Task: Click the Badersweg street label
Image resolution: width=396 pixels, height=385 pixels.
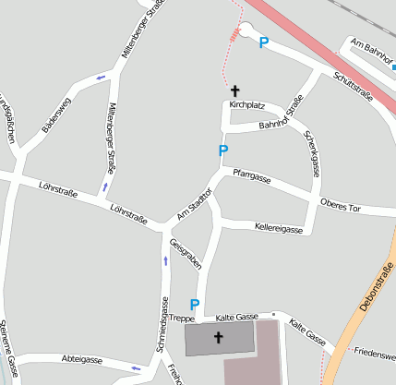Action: (56, 114)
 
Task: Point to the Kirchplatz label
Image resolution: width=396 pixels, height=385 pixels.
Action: (246, 105)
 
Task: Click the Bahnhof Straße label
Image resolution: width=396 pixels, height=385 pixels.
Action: (281, 118)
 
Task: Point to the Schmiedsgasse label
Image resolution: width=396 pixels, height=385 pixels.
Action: (162, 327)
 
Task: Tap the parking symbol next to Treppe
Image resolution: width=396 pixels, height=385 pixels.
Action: (195, 304)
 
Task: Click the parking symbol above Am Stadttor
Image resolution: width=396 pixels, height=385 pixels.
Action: (222, 150)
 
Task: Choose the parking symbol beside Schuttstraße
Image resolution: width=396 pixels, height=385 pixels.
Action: (264, 42)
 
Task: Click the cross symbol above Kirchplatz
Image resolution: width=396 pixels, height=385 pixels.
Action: (235, 90)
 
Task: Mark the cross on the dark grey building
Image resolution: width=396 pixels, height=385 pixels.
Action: (219, 337)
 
